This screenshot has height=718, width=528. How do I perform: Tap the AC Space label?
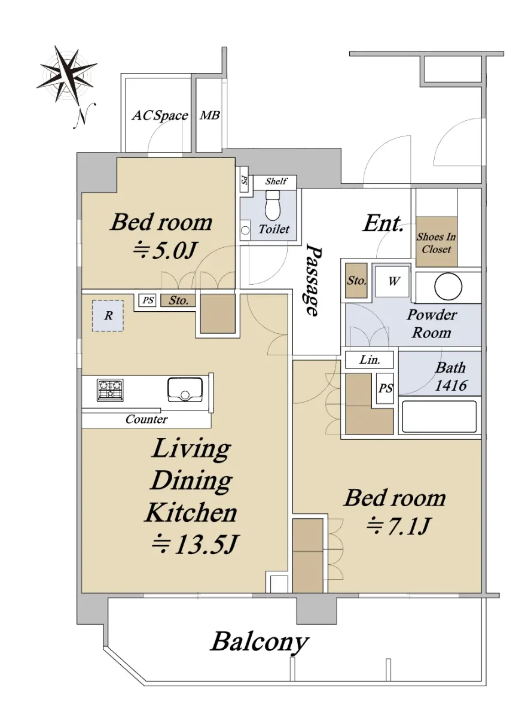click(160, 115)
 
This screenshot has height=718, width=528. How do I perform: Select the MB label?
click(210, 115)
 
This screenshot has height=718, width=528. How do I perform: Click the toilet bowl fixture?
click(273, 205)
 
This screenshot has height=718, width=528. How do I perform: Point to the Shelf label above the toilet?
click(276, 181)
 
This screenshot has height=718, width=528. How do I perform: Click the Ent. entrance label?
click(383, 223)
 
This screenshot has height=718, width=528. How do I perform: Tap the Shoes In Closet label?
click(437, 243)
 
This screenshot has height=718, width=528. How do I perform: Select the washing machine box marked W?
click(392, 281)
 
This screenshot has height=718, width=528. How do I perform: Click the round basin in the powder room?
click(448, 286)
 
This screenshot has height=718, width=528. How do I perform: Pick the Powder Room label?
click(432, 324)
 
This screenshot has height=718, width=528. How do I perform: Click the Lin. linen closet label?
click(370, 360)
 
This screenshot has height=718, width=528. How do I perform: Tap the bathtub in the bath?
click(440, 416)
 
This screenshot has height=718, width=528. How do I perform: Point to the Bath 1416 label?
click(450, 376)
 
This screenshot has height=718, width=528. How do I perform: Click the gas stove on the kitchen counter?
click(110, 390)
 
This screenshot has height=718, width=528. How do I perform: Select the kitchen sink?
click(185, 390)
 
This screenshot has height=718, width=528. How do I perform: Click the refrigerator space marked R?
click(108, 316)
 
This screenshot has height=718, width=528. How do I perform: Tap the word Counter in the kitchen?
click(147, 419)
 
